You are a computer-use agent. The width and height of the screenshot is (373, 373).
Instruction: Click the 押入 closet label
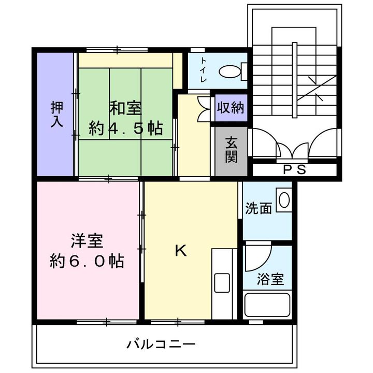(57, 114)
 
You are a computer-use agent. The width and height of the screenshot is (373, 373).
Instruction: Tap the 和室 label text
(125, 108)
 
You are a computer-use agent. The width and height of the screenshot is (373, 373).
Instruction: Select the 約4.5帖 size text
(125, 128)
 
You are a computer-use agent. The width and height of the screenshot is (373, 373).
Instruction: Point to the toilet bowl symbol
(230, 71)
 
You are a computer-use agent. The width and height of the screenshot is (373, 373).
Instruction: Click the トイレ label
(204, 70)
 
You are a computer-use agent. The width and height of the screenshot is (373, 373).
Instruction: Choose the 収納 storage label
(231, 108)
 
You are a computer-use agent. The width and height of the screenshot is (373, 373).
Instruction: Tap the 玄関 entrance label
(231, 150)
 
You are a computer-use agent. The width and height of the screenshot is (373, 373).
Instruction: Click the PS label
(294, 169)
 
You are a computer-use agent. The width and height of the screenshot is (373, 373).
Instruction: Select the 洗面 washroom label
(259, 208)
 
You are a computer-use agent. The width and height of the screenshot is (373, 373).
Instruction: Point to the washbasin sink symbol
(284, 200)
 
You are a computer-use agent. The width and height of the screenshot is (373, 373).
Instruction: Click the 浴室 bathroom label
(270, 279)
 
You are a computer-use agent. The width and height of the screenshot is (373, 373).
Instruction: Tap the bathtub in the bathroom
(267, 305)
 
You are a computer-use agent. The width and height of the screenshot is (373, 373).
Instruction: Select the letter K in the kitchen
(181, 251)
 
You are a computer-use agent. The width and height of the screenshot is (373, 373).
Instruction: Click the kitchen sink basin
(222, 283)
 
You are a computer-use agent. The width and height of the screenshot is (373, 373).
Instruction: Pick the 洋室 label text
(87, 240)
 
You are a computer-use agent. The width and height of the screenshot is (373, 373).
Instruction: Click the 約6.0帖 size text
(87, 261)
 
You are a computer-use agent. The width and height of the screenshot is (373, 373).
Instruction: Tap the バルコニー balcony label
(161, 344)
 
